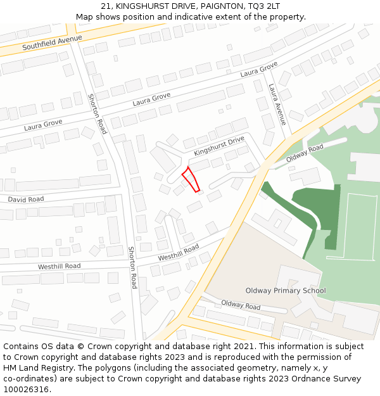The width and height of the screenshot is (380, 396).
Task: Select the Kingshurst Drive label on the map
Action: (x=219, y=146)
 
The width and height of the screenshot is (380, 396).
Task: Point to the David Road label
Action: (x=26, y=199)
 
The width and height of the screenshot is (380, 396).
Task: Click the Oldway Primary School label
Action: (x=286, y=291)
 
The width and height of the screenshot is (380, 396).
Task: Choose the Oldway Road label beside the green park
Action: (x=305, y=153)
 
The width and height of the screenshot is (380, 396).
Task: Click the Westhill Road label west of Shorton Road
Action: (x=60, y=266)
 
